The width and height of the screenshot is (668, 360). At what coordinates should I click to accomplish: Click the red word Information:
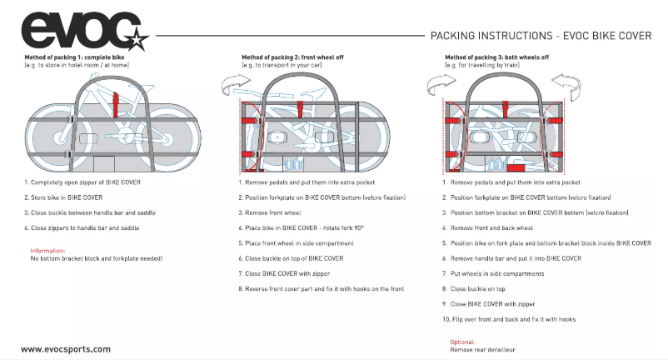pyautogui.click(x=48, y=250)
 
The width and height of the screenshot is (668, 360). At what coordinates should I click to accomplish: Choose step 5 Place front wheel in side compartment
pyautogui.click(x=300, y=242)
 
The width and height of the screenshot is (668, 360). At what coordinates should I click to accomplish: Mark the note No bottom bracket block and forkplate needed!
pyautogui.click(x=97, y=258)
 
